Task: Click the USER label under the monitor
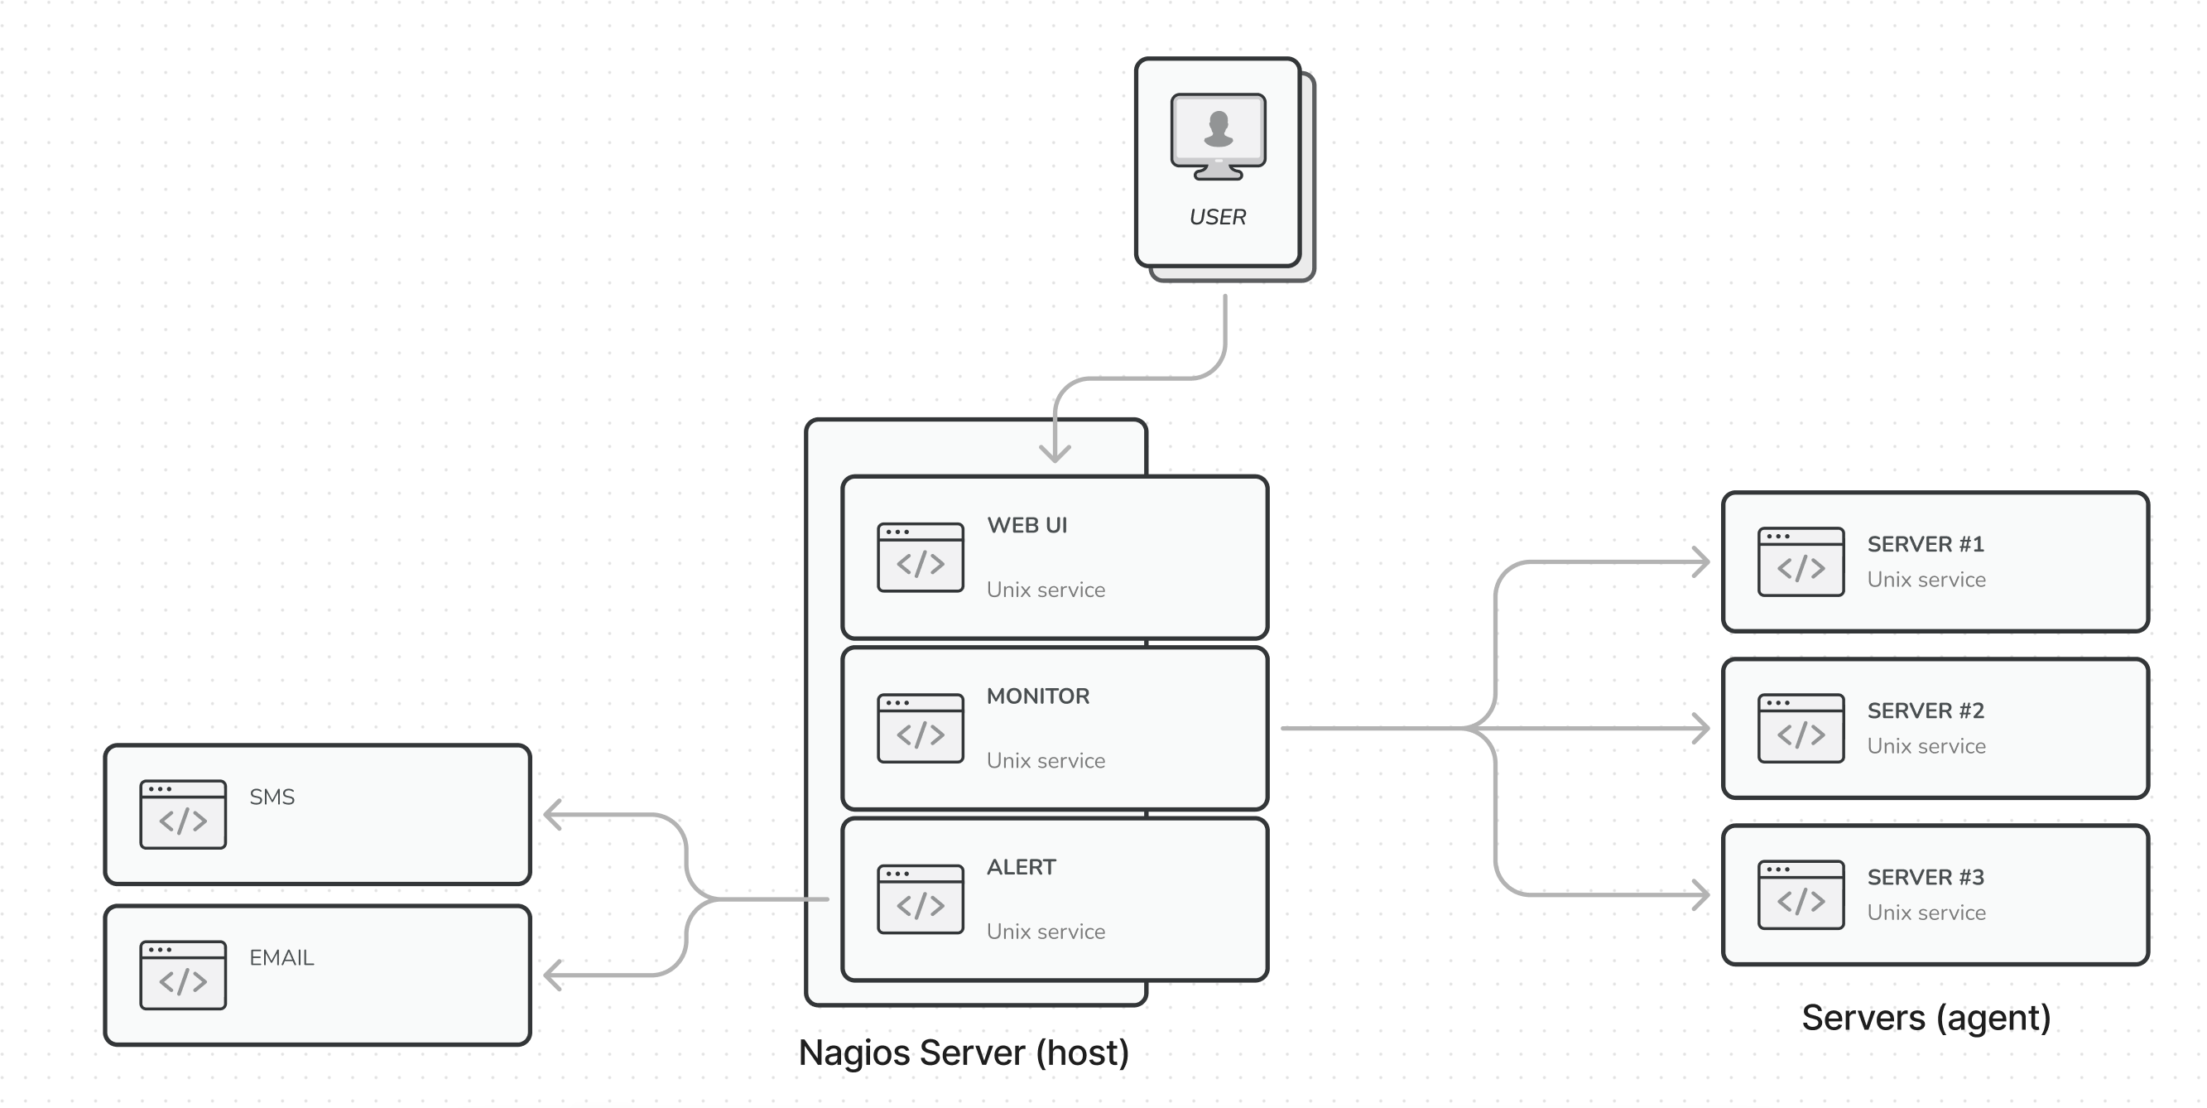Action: [1217, 217]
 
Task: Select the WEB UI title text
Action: [1027, 525]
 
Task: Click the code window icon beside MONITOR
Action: [921, 729]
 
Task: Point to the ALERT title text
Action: [1021, 867]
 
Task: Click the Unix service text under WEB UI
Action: [1046, 590]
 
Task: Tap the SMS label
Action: [272, 797]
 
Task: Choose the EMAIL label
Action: [281, 958]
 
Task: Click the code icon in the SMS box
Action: [182, 814]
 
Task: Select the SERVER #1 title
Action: [1926, 544]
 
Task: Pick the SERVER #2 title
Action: [1926, 711]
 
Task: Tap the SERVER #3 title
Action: [1926, 877]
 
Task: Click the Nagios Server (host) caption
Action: [963, 1053]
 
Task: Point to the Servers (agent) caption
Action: [1926, 1018]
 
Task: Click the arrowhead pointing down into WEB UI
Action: [1055, 453]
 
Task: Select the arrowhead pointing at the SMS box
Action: [554, 815]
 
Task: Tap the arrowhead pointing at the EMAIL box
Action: [554, 976]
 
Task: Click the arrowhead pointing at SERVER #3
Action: [1700, 894]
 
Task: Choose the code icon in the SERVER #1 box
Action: [1800, 561]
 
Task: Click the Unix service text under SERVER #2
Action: [1926, 746]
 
